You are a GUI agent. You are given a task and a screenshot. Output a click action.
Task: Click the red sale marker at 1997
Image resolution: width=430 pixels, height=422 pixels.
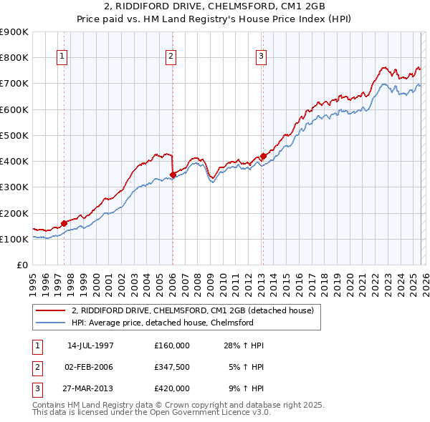[64, 223]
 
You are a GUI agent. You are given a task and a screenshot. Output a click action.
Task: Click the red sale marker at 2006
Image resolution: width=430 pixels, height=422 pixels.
[173, 175]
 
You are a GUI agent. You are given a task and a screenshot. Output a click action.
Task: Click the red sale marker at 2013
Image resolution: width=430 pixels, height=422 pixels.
[263, 156]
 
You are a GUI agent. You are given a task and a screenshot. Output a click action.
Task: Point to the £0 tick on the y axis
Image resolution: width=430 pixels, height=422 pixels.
[21, 265]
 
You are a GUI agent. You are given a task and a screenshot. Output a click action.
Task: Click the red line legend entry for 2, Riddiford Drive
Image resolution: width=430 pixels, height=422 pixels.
[193, 310]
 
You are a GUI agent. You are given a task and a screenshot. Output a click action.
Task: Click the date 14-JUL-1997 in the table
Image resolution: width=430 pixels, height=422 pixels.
[90, 345]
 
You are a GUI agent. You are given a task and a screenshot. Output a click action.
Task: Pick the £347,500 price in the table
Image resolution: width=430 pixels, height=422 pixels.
[172, 367]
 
